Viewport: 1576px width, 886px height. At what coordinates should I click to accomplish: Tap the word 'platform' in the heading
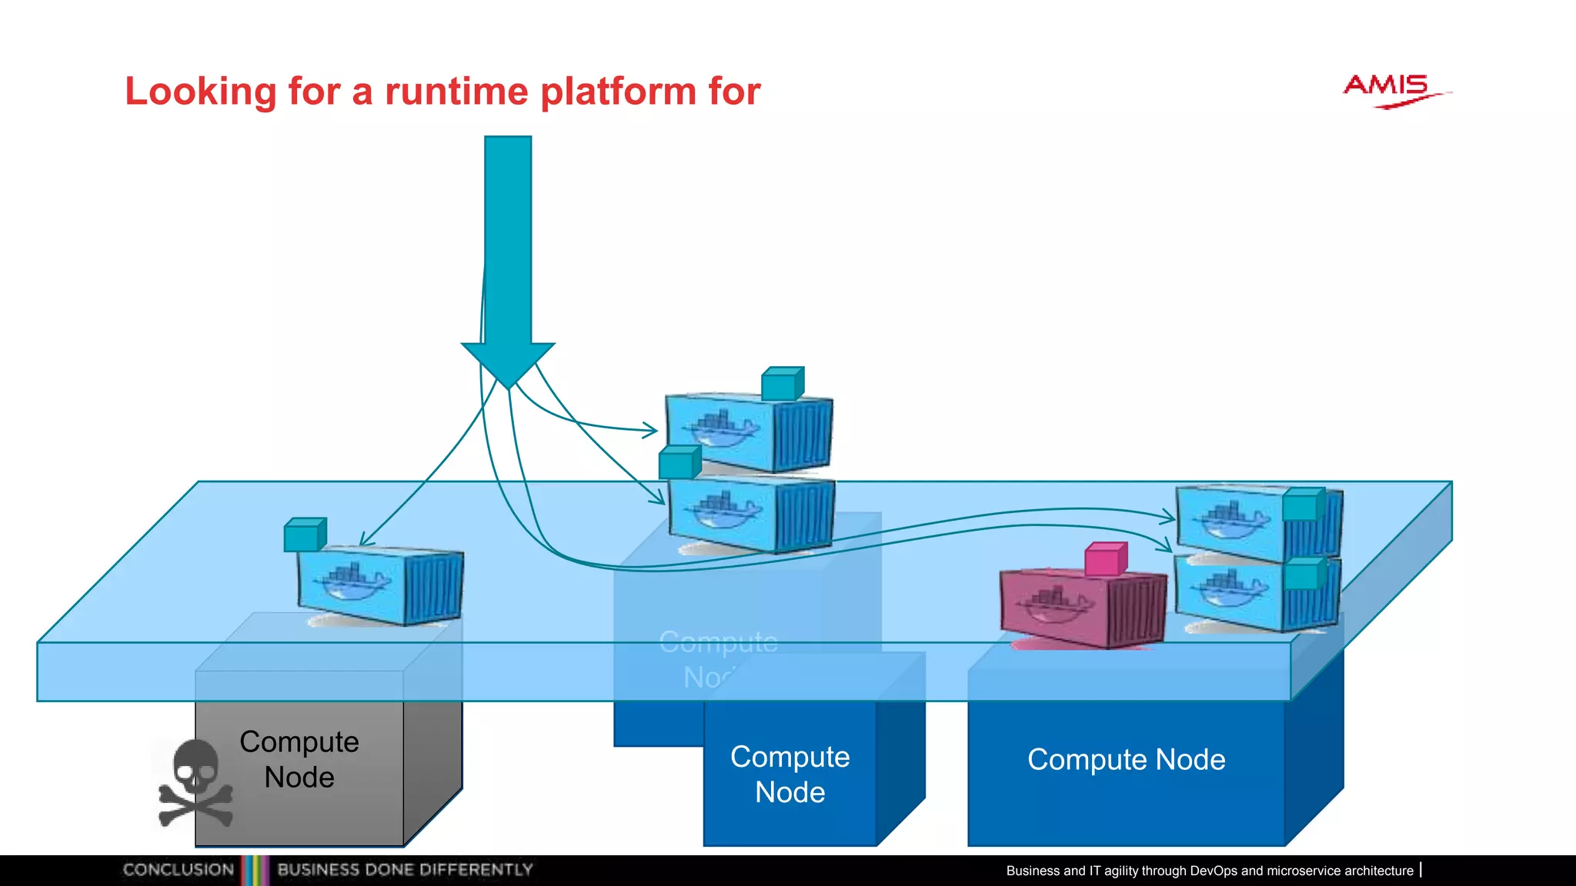[619, 92]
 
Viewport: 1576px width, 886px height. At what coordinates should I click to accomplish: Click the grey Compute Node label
[299, 759]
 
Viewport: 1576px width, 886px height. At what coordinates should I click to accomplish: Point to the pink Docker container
[1081, 608]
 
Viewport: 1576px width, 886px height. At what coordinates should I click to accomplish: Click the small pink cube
[1106, 559]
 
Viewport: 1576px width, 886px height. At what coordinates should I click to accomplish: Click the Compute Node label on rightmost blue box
[1126, 760]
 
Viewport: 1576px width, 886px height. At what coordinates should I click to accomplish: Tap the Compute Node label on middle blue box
[790, 774]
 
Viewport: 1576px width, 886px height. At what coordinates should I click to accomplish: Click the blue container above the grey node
[380, 587]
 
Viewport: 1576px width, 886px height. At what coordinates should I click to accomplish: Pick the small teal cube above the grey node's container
[305, 535]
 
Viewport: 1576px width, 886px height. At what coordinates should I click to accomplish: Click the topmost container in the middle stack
[748, 433]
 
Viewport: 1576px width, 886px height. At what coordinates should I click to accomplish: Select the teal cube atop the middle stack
[783, 384]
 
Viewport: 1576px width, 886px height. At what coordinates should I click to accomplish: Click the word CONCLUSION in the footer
[179, 870]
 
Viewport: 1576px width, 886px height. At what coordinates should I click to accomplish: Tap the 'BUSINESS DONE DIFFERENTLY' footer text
[405, 870]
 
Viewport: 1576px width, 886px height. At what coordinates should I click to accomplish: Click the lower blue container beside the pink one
[1257, 595]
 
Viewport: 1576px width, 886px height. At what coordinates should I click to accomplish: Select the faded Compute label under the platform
[718, 642]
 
